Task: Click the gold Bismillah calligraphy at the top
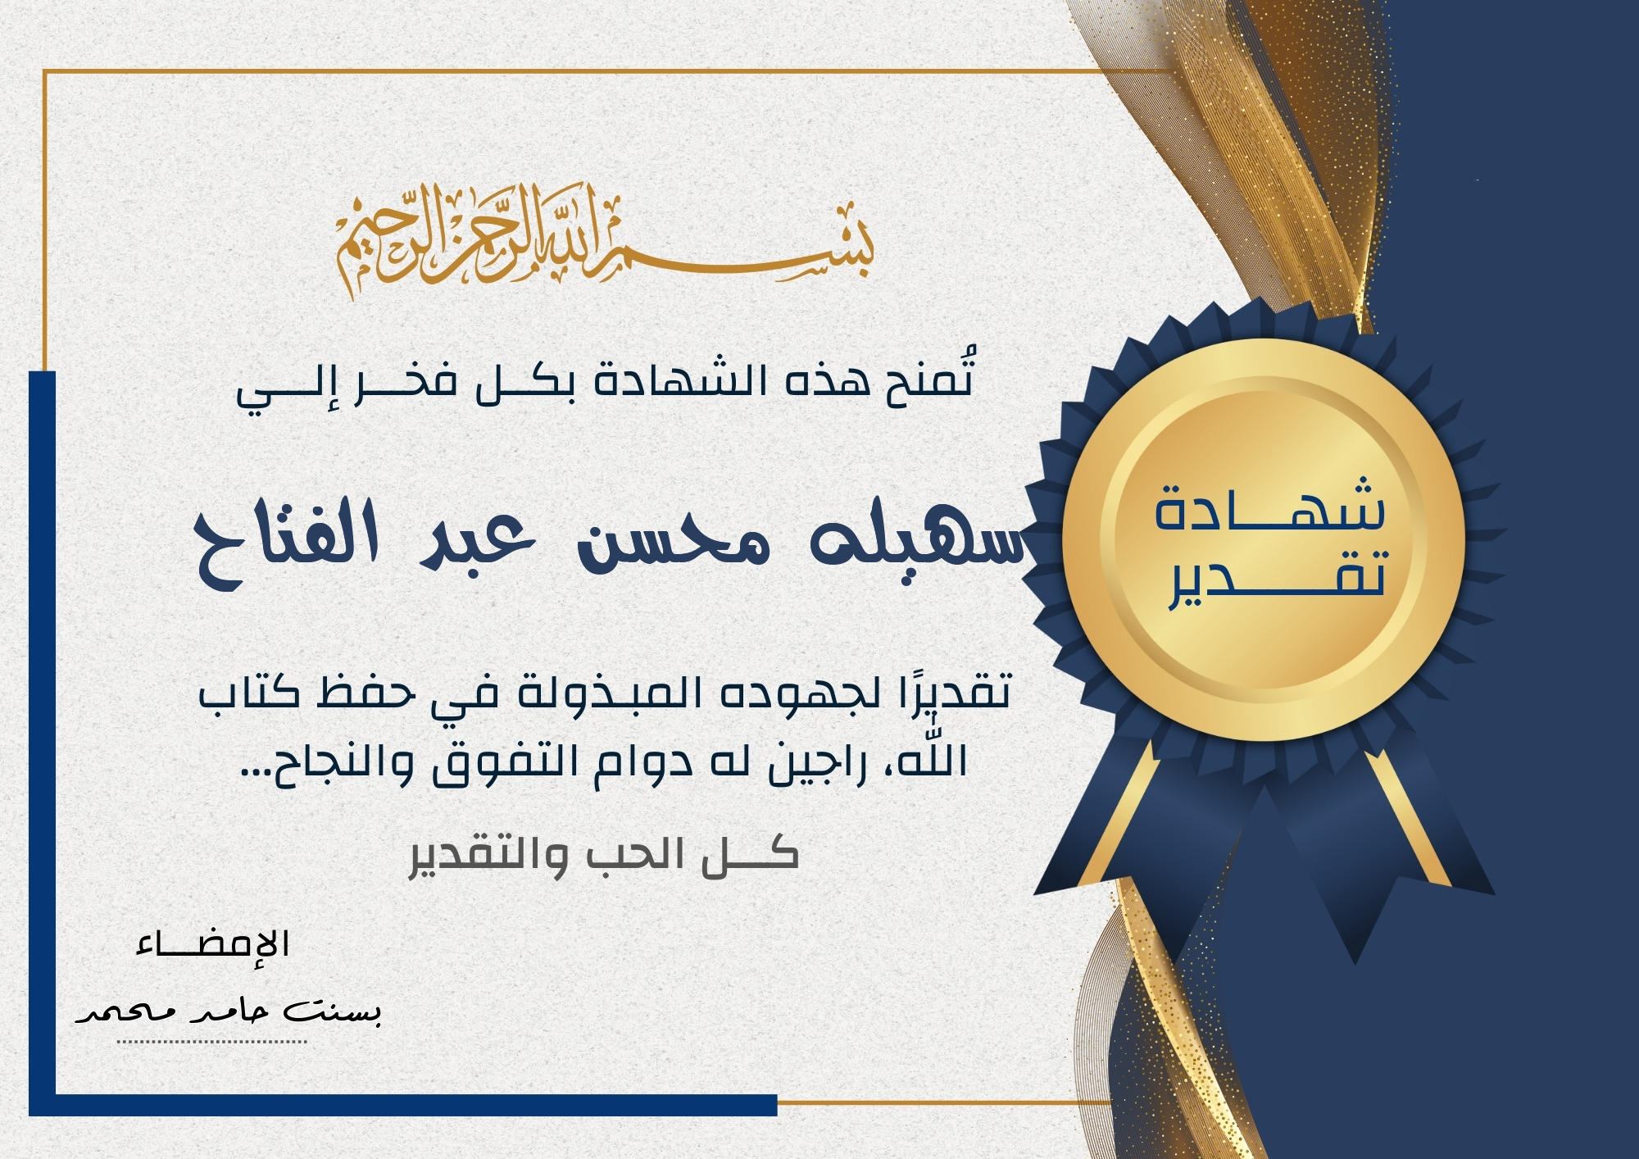pyautogui.click(x=605, y=239)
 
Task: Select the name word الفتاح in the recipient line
pyautogui.click(x=287, y=543)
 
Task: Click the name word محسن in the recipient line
pyautogui.click(x=674, y=543)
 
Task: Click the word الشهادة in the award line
pyautogui.click(x=680, y=380)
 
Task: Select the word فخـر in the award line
pyautogui.click(x=406, y=382)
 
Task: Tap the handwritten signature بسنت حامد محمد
pyautogui.click(x=228, y=1011)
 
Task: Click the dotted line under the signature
pyautogui.click(x=211, y=1042)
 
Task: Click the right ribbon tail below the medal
pyautogui.click(x=1385, y=852)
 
